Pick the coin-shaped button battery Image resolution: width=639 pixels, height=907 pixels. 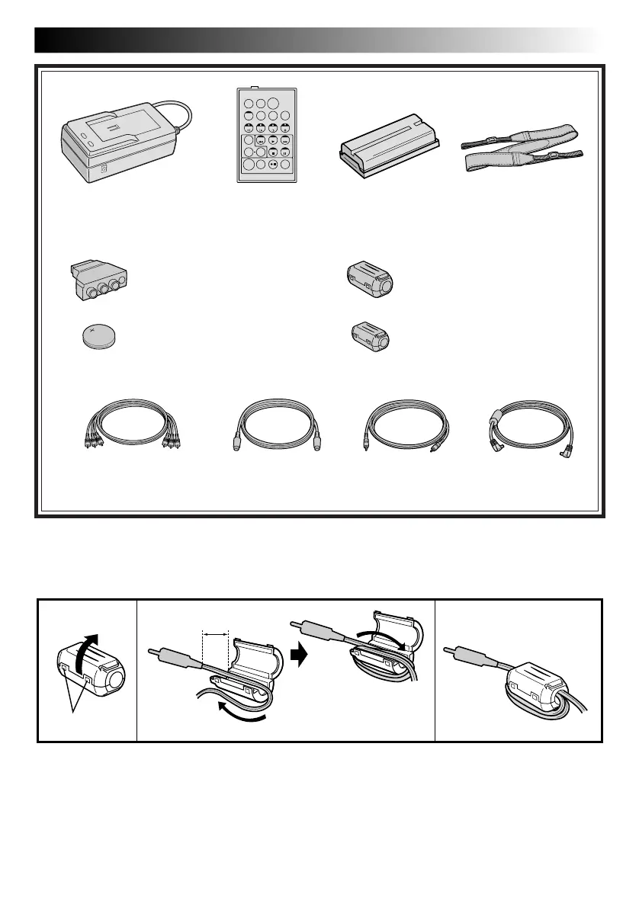click(97, 335)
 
